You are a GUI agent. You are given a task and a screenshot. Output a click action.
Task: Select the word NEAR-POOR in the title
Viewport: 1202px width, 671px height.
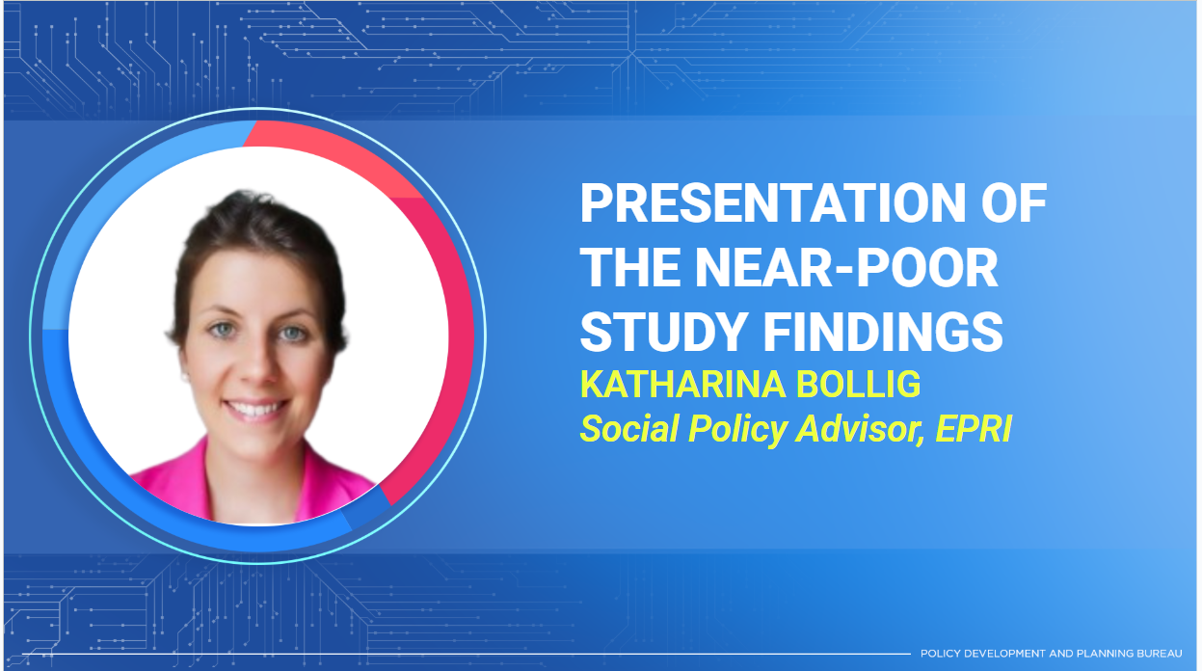pyautogui.click(x=846, y=267)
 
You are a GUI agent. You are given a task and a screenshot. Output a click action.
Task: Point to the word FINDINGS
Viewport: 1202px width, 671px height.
pyautogui.click(x=883, y=332)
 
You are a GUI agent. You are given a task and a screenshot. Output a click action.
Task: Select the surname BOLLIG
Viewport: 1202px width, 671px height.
pyautogui.click(x=859, y=385)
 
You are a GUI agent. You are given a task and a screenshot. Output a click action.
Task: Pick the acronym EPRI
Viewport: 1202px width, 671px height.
pyautogui.click(x=973, y=429)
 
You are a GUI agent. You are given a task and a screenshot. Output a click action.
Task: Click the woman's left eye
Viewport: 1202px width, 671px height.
pyautogui.click(x=292, y=334)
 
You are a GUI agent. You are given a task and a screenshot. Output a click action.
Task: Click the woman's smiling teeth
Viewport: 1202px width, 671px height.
pyautogui.click(x=255, y=410)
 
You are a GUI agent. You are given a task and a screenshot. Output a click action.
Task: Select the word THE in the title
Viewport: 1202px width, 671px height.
pyautogui.click(x=630, y=267)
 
